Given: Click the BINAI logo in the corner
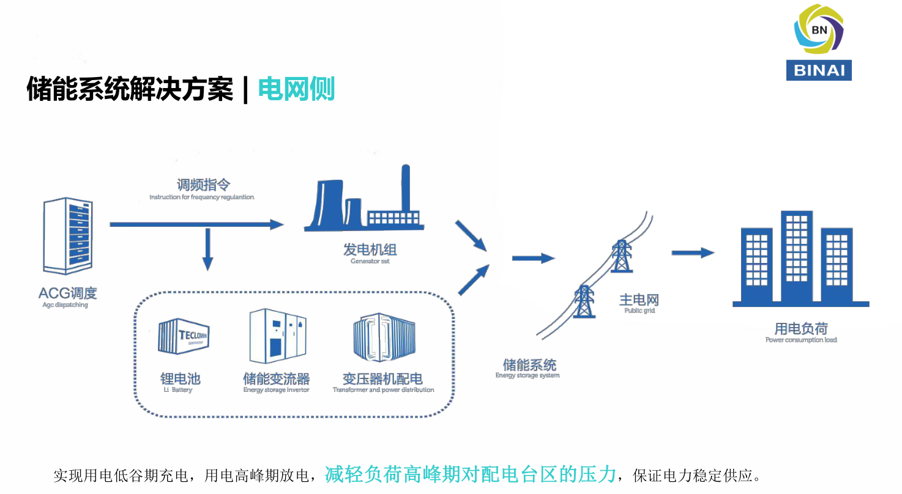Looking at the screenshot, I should (818, 42).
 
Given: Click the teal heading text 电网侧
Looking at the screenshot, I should (296, 89).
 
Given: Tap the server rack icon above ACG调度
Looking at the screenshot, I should (68, 235).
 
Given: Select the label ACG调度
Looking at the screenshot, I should (67, 293).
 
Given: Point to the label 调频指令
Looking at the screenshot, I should (203, 185).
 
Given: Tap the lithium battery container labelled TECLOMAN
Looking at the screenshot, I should (184, 336).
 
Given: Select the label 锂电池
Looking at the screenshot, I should (180, 378).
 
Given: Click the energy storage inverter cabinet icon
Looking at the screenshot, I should (277, 336).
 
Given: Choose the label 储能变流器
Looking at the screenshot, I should (276, 378).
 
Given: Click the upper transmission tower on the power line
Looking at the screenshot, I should (621, 256).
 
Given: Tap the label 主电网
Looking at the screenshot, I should (639, 300).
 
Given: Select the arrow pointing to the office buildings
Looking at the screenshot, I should (693, 253).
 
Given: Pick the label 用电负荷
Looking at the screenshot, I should (801, 329).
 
